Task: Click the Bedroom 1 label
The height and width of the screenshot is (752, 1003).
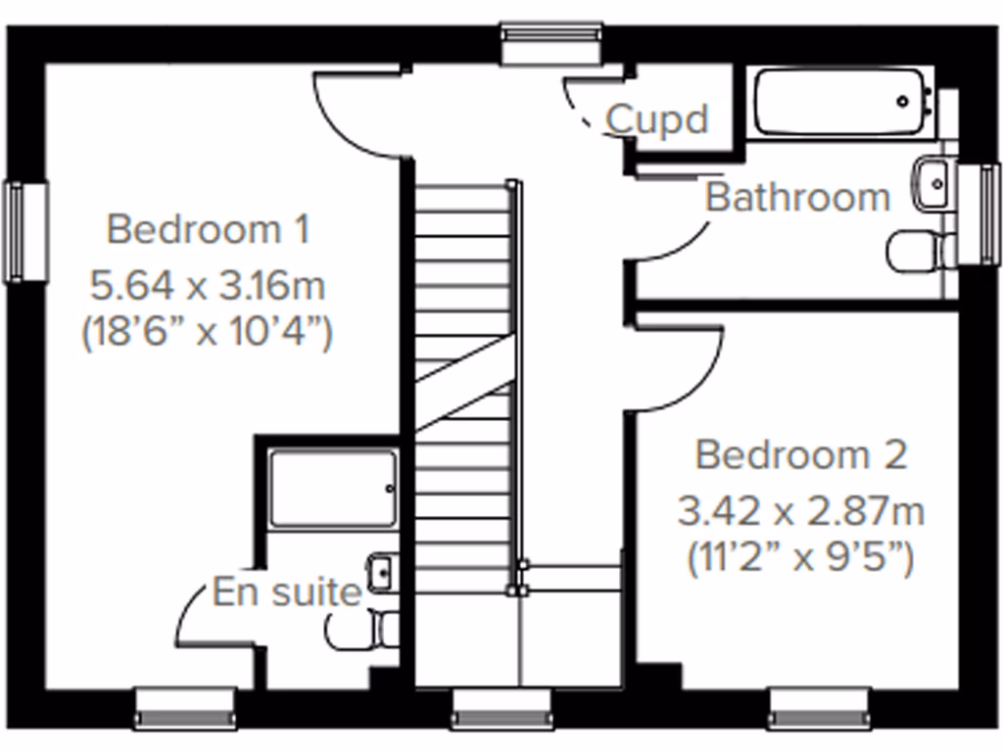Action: coord(208,230)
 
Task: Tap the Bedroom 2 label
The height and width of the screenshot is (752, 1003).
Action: coord(800,455)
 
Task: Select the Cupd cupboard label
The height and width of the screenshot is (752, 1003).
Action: coord(657,119)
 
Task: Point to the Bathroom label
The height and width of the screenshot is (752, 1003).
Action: coord(797,197)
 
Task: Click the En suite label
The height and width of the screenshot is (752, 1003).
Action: coord(286,592)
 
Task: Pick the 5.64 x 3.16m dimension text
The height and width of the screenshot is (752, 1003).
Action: coord(208,287)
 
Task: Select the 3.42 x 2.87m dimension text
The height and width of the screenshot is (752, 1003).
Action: coord(800,511)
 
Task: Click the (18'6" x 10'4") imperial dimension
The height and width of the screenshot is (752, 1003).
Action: coord(208,333)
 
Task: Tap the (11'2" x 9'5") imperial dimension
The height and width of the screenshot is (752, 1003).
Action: coord(800,559)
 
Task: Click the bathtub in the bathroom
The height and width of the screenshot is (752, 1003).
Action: coord(840,101)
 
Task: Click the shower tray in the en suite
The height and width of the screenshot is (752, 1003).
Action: coord(333,489)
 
